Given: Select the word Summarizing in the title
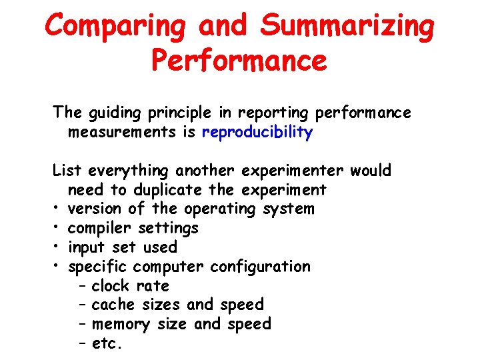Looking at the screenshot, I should pos(347,27).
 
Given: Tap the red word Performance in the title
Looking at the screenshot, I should pos(239,61).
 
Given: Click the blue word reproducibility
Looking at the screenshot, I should pos(257,133).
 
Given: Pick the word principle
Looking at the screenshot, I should pos(187,113).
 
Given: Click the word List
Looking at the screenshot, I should pos(67,171).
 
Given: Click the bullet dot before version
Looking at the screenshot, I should pos(58,209).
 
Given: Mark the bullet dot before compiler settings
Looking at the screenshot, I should pos(58,229).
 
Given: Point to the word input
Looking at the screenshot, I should pos(86,248).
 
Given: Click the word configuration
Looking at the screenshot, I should pos(260,267).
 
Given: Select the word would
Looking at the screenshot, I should pos(371,171).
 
